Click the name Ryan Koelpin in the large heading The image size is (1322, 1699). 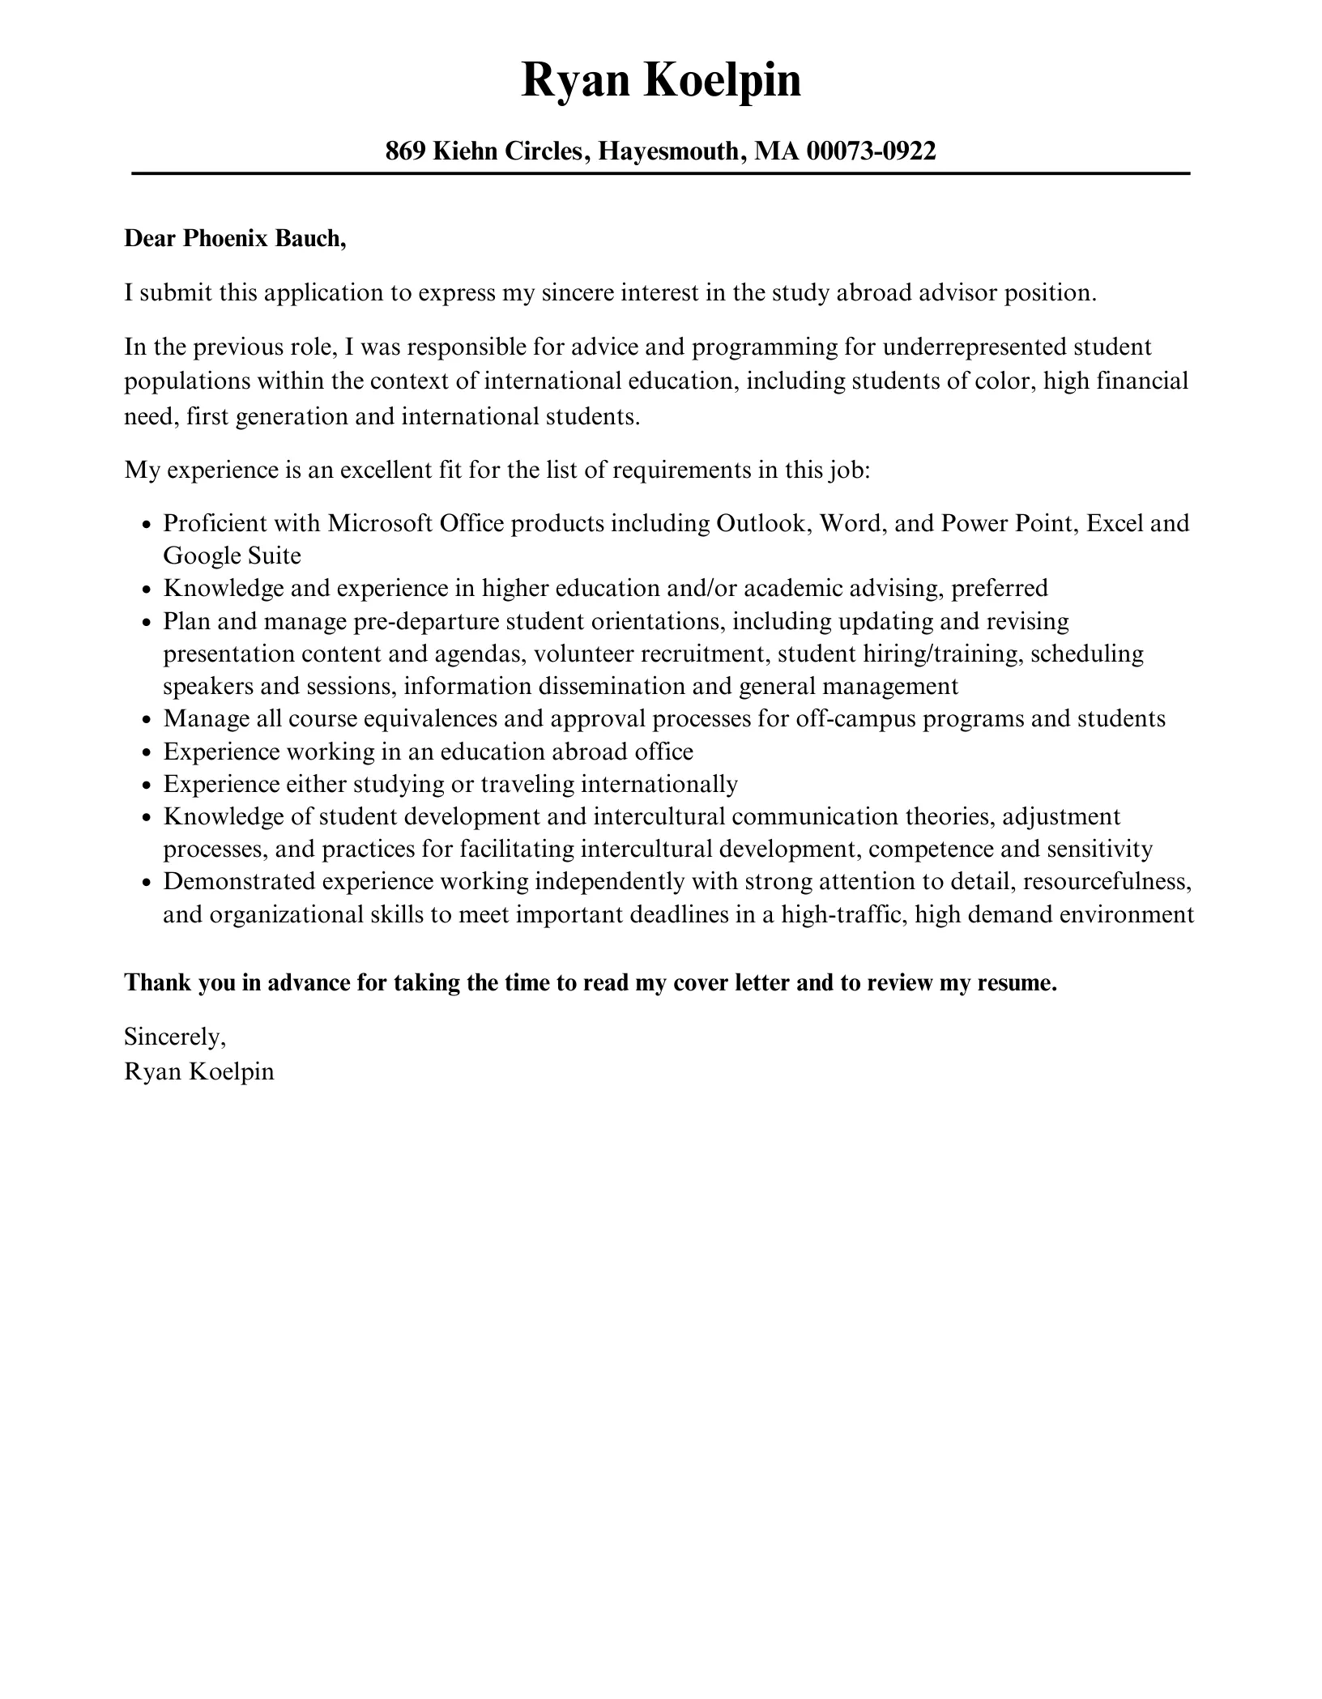point(660,81)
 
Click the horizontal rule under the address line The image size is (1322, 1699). point(660,173)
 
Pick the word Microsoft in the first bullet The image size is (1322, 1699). point(380,523)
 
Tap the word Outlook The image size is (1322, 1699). point(764,523)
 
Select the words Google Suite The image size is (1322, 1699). point(232,556)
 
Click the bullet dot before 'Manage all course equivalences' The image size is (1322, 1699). point(147,720)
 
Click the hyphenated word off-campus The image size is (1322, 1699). point(864,719)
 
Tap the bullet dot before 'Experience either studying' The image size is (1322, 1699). point(147,786)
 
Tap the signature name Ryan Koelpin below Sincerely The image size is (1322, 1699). point(199,1071)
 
